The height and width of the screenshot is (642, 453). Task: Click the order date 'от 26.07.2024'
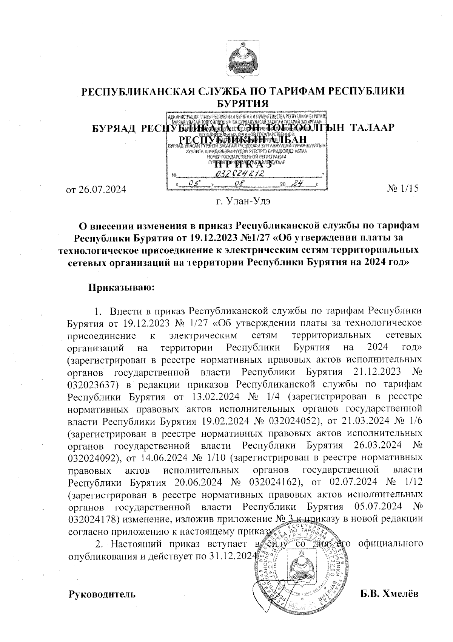point(96,189)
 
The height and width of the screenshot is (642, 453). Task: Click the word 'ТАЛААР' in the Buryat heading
point(373,128)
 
